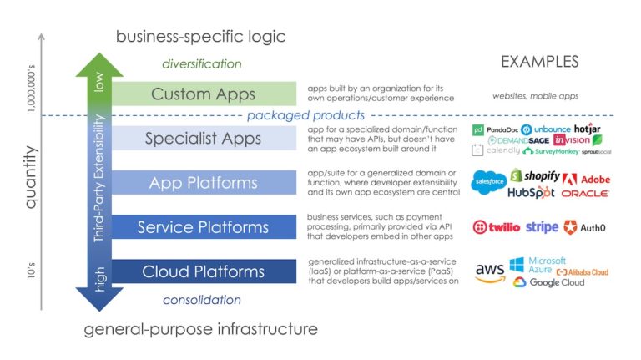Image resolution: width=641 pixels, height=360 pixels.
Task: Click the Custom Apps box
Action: point(203,94)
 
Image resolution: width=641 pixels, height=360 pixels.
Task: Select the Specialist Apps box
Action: point(203,138)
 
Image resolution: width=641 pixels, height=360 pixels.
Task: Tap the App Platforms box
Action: point(203,182)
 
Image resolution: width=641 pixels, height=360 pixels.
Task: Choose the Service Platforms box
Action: point(203,226)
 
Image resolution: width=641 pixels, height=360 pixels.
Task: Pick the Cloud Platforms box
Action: point(203,271)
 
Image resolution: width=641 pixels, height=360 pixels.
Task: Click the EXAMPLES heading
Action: point(539,62)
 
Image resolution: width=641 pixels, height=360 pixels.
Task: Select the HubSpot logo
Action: point(532,194)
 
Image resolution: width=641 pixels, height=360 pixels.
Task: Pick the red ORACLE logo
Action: point(584,194)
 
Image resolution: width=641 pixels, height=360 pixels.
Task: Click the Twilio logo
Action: point(498,227)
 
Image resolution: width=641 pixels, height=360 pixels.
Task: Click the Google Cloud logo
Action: point(548,283)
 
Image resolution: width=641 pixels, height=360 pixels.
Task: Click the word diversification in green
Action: point(202,63)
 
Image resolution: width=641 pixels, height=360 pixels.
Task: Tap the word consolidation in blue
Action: point(202,299)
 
